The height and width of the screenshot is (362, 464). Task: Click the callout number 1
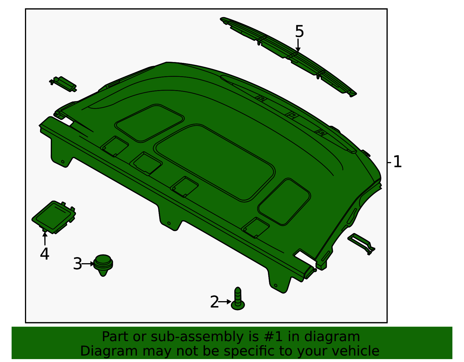click(397, 162)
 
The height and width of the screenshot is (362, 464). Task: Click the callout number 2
click(214, 302)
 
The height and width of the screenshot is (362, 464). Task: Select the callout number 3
click(77, 264)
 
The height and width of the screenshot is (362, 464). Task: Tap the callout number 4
click(44, 254)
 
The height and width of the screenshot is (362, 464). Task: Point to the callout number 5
click(299, 31)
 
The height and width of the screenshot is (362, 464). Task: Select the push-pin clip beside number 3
click(103, 264)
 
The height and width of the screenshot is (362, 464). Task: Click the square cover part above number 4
click(54, 217)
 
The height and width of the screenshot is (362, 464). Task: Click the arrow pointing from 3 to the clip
click(88, 264)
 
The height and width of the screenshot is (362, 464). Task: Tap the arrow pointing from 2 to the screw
click(224, 302)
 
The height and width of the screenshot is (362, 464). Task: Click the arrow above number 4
click(45, 238)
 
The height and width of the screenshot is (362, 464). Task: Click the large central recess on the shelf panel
click(215, 162)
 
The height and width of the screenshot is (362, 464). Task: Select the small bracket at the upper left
click(63, 84)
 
